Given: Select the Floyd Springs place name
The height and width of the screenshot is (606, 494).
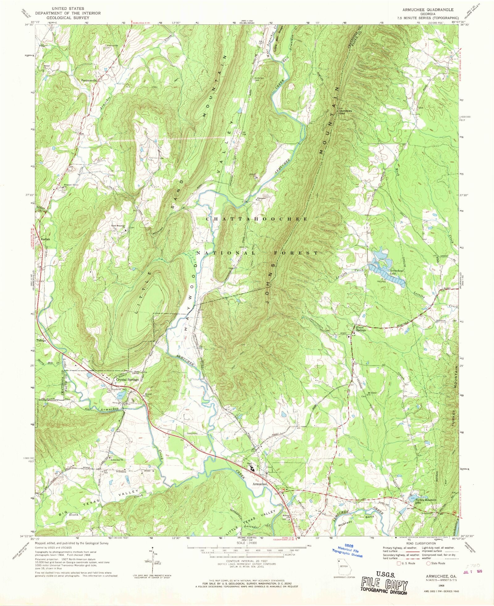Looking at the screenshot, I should tap(361, 329).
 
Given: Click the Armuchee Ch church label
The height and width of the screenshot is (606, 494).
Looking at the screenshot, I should tap(117, 460).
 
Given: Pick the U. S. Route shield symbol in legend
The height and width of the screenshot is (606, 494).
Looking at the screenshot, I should tap(399, 563).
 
